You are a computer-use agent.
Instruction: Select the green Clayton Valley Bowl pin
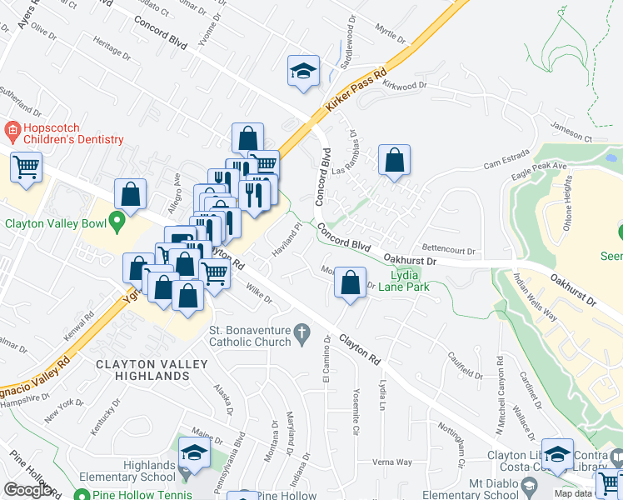click(117, 222)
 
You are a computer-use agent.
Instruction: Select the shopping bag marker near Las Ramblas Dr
click(394, 161)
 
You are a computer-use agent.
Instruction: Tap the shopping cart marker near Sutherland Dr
click(26, 167)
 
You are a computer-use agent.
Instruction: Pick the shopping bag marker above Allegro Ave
click(131, 194)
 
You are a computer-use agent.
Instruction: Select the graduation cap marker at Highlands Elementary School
click(194, 452)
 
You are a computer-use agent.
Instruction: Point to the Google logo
click(28, 490)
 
